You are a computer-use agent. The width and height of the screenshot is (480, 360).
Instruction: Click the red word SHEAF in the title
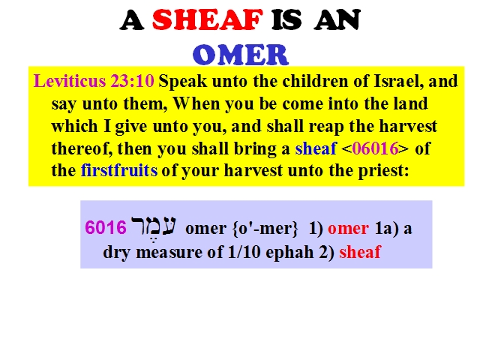[x=207, y=20]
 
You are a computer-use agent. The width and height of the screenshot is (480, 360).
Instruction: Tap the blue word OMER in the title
[x=241, y=55]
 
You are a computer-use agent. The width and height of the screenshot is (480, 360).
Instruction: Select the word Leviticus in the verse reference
[x=70, y=81]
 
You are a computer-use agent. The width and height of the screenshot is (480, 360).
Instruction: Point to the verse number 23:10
[x=132, y=81]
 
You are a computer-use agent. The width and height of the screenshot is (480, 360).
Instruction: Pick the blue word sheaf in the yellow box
[x=316, y=148]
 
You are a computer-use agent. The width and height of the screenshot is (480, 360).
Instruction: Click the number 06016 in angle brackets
[x=375, y=148]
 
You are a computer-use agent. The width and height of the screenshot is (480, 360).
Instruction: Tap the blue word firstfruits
[x=119, y=170]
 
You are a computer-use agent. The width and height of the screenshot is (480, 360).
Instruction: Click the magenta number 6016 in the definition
[x=106, y=228]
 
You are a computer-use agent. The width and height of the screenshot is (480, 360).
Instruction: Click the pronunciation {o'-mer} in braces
[x=265, y=229]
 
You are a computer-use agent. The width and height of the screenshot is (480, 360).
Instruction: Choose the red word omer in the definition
[x=348, y=229]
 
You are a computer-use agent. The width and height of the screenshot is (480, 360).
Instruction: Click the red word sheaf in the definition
[x=360, y=252]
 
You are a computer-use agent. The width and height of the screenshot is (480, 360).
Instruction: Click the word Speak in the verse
[x=183, y=82]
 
